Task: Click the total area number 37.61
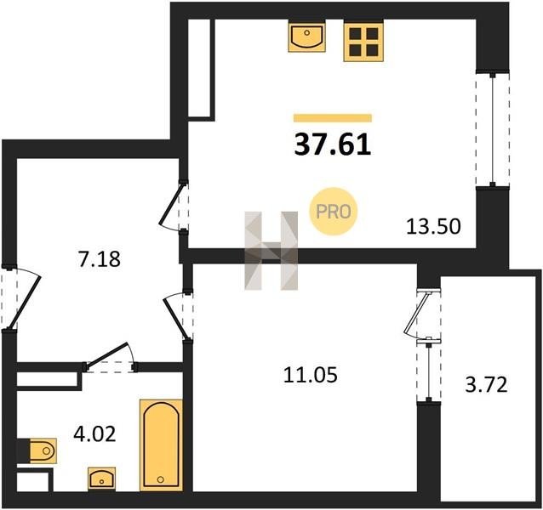click(x=333, y=144)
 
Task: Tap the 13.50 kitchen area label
click(x=433, y=227)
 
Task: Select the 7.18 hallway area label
click(x=100, y=259)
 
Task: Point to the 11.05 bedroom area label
click(x=310, y=375)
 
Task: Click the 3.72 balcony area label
click(x=486, y=384)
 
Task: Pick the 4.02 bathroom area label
click(x=94, y=434)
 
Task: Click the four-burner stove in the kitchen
click(x=363, y=41)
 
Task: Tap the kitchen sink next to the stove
click(x=307, y=36)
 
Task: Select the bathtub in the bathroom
click(x=161, y=445)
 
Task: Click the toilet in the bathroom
click(x=39, y=450)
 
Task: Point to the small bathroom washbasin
click(x=101, y=479)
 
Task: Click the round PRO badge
click(x=333, y=212)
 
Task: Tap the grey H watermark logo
click(x=271, y=251)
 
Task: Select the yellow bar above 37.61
click(x=333, y=118)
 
